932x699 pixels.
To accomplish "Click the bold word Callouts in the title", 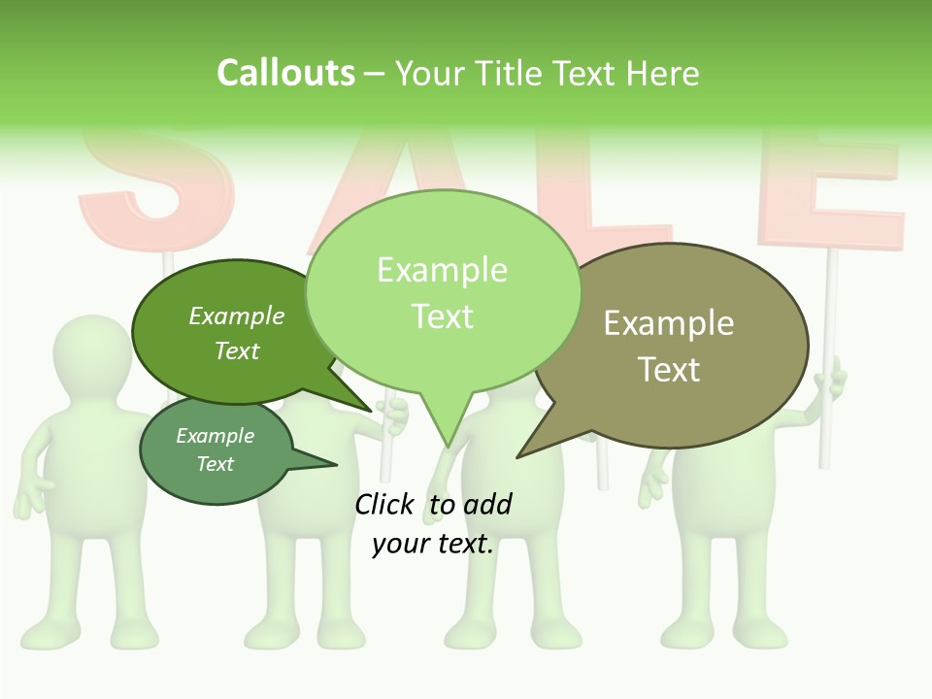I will [x=285, y=73].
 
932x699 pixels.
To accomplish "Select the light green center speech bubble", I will [x=443, y=291].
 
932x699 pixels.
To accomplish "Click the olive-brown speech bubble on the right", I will [x=680, y=345].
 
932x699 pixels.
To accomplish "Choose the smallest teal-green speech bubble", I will [x=216, y=451].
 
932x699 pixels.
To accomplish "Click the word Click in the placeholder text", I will [x=383, y=504].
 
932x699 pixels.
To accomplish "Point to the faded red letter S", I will [x=155, y=184].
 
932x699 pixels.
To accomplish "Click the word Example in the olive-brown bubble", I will [x=669, y=323].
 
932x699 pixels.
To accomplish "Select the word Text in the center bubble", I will [x=443, y=316].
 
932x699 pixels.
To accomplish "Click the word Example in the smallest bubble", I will [x=215, y=436].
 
